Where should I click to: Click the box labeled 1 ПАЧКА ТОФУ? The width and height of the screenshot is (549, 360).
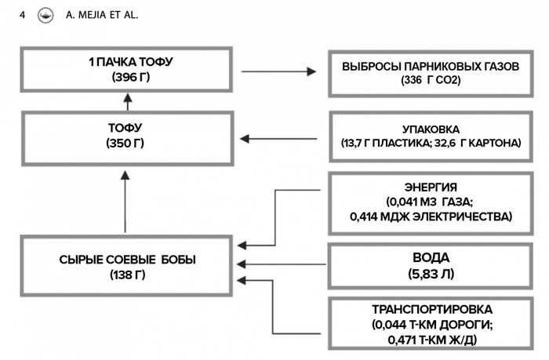125,70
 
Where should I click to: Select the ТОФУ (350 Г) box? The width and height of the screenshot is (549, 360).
125,137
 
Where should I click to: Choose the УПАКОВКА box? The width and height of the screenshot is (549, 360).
431,136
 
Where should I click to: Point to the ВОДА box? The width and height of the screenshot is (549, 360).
431,265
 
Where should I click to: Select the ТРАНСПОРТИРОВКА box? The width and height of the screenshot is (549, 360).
431,326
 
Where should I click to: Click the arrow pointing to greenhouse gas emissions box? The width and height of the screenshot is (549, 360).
278,71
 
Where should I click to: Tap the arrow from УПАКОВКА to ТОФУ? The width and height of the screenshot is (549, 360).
278,139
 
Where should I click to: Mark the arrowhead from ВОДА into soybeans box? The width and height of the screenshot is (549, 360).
242,264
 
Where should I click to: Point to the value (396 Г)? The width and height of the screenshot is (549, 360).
125,77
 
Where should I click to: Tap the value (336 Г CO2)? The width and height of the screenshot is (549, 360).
431,80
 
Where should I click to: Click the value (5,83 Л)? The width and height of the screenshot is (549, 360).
431,274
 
